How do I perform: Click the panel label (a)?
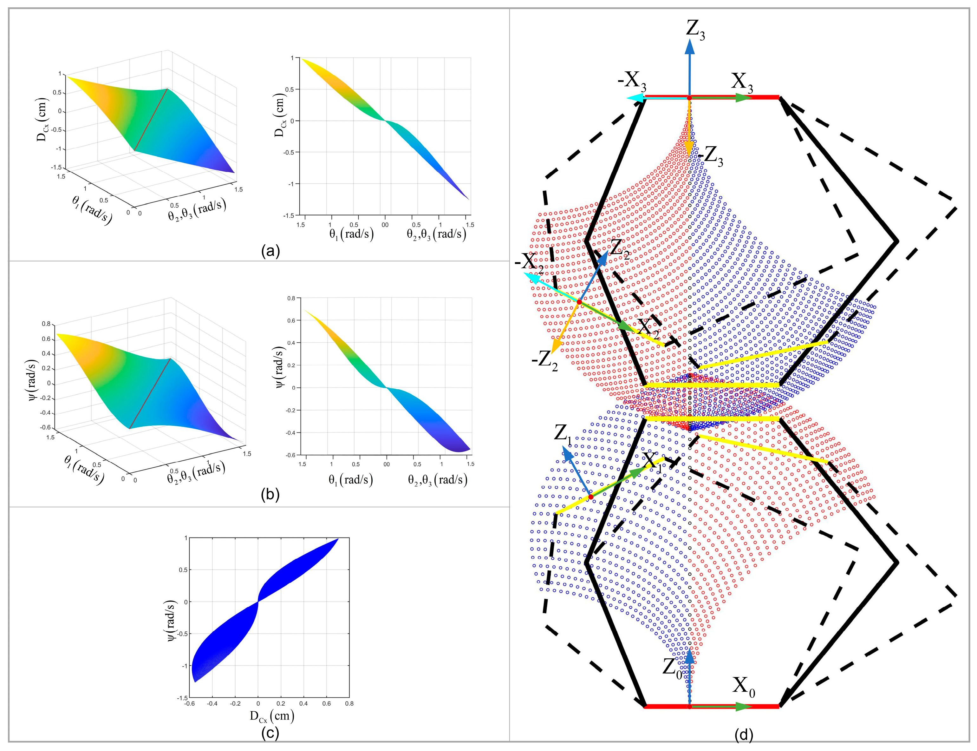tap(270, 251)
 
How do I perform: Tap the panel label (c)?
tap(270, 733)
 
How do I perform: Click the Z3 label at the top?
tap(695, 30)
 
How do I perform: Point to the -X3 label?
tap(632, 81)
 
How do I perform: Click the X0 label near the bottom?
tap(743, 685)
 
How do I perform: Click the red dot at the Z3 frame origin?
tap(690, 97)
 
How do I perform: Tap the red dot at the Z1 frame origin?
tap(590, 497)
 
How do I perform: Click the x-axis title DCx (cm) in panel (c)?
tap(272, 717)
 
